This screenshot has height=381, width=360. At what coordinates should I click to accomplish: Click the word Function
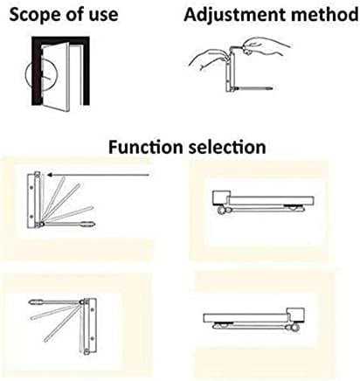[x=147, y=148]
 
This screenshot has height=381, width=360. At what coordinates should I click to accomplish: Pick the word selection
[x=227, y=148]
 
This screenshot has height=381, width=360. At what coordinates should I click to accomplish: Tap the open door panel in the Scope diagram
[x=56, y=77]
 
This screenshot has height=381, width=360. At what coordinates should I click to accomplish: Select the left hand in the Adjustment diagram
[x=206, y=59]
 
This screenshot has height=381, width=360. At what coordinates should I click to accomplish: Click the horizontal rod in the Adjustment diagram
[x=254, y=87]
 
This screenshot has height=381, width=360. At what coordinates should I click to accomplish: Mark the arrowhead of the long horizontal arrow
[x=50, y=175]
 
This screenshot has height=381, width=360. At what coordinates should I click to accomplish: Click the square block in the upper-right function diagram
[x=220, y=197]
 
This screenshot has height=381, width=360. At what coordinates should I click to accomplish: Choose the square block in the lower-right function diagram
[x=296, y=315]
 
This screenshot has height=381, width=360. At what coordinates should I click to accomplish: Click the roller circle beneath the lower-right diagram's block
[x=294, y=328]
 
